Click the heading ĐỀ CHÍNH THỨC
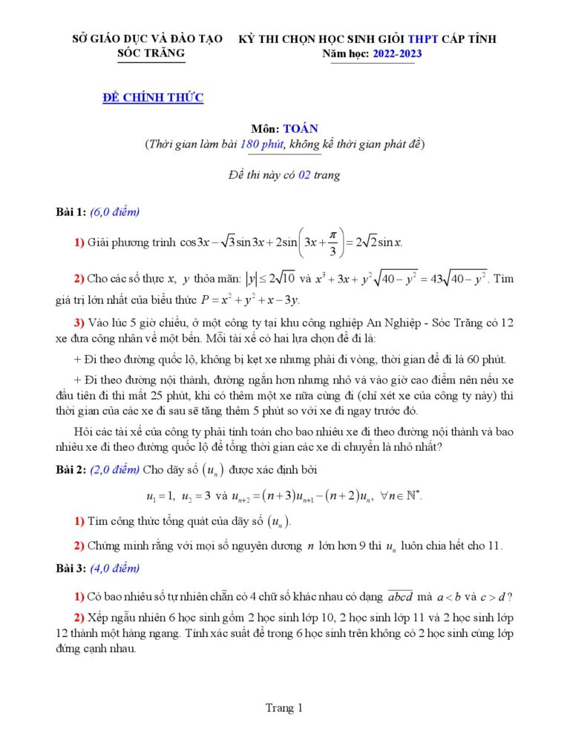pyautogui.click(x=153, y=97)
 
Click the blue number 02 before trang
pyautogui.click(x=303, y=175)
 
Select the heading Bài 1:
pyautogui.click(x=72, y=212)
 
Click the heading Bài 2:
pyautogui.click(x=72, y=469)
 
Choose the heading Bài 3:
pyautogui.click(x=72, y=569)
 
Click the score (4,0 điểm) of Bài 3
pyautogui.click(x=115, y=569)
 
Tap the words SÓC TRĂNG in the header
pyautogui.click(x=152, y=53)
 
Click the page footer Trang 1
pyautogui.click(x=284, y=708)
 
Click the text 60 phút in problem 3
pyautogui.click(x=484, y=360)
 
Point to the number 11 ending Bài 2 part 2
pyautogui.click(x=494, y=546)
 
